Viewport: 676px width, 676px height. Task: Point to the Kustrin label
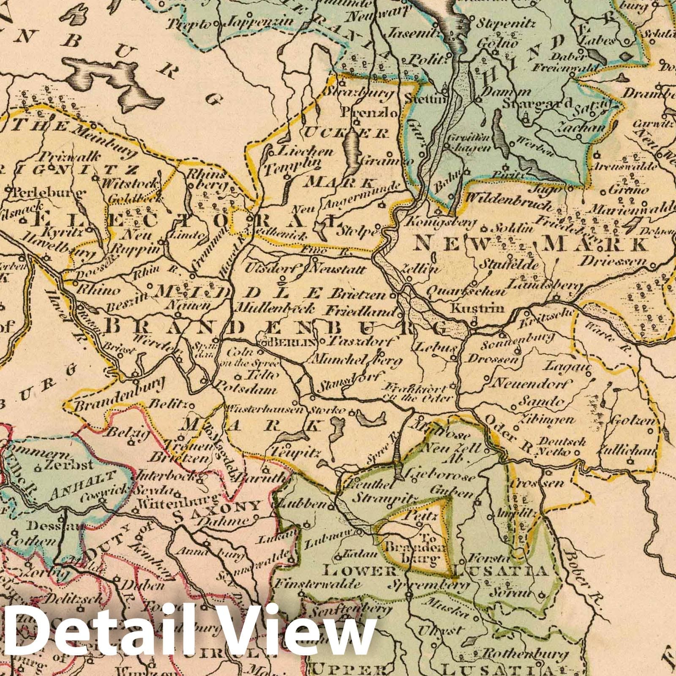[x=478, y=308]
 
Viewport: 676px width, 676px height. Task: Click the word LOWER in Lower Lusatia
[x=359, y=572]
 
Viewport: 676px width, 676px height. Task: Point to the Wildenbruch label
[x=508, y=202]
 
